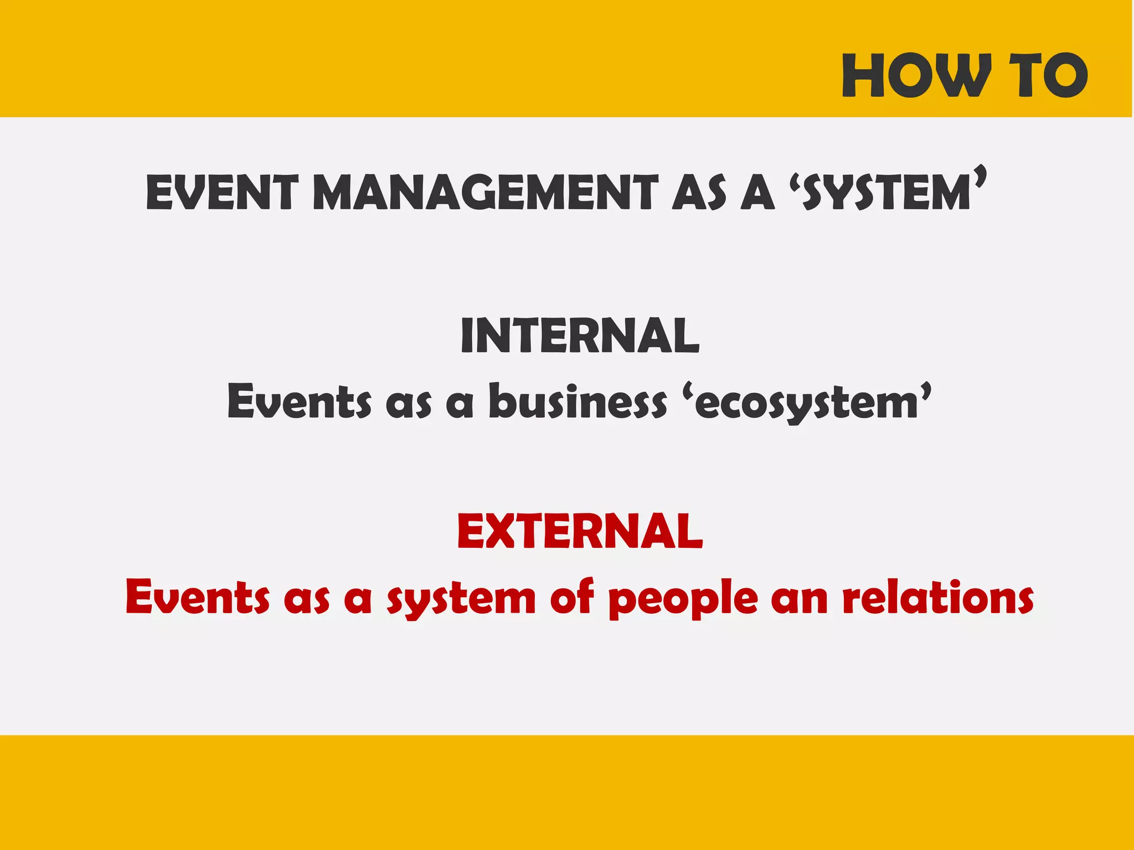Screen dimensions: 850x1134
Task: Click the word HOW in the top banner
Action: pyautogui.click(x=916, y=76)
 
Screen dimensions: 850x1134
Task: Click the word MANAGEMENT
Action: pyautogui.click(x=486, y=193)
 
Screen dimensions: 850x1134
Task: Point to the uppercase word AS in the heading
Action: pyautogui.click(x=699, y=193)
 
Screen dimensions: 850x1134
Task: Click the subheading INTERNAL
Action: pyautogui.click(x=580, y=335)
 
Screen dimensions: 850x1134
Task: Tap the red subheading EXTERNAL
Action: pyautogui.click(x=580, y=531)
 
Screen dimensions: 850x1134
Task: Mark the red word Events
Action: pyautogui.click(x=198, y=598)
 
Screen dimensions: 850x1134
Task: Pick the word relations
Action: pyautogui.click(x=938, y=598)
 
